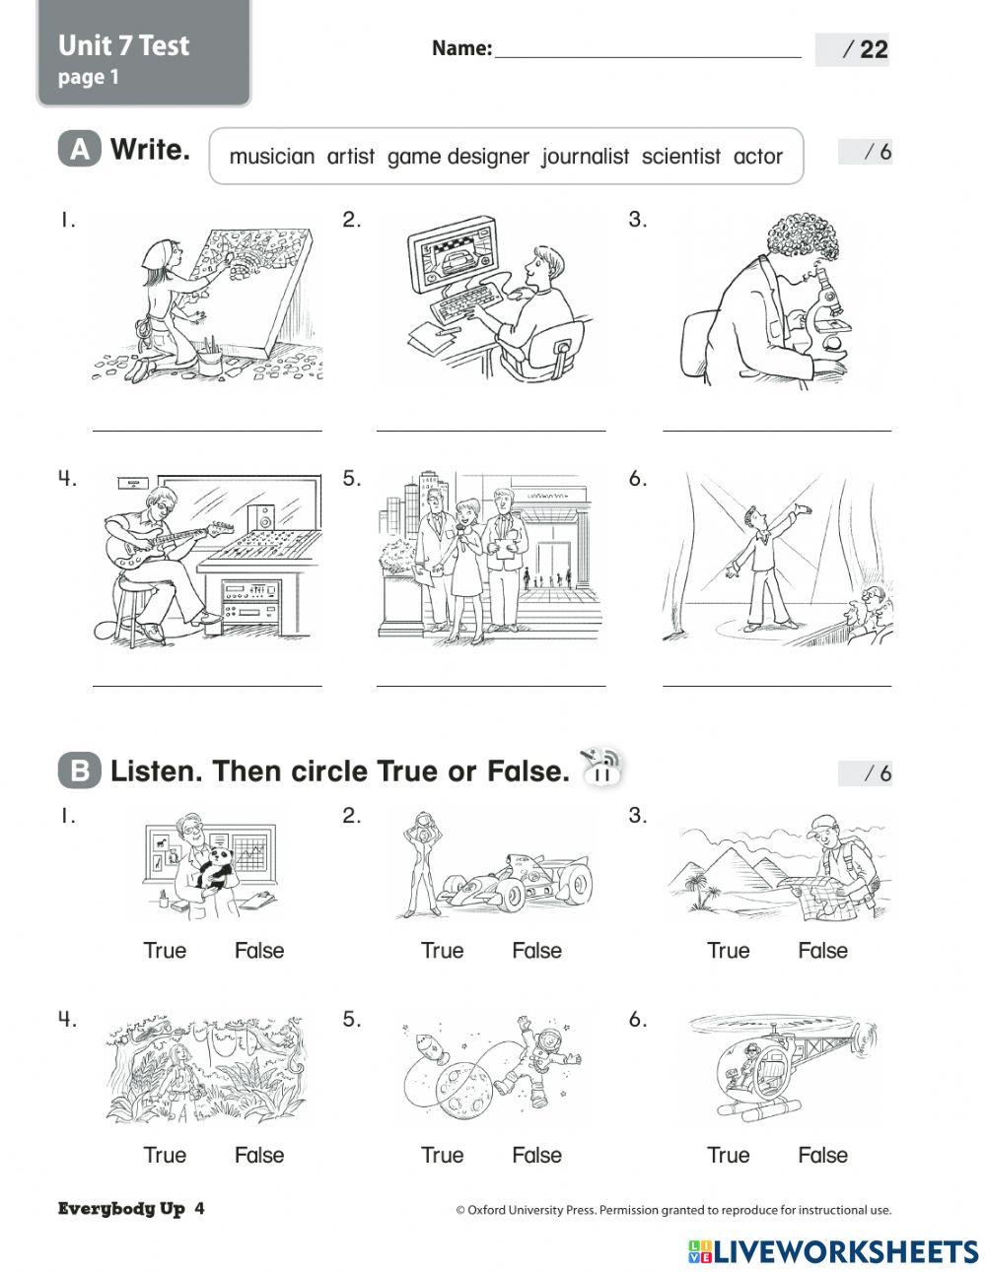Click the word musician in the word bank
(x=271, y=157)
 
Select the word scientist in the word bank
(x=680, y=157)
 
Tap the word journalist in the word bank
(x=585, y=157)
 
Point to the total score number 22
(x=873, y=50)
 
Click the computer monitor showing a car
(x=454, y=261)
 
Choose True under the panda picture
(x=165, y=951)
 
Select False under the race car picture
(x=536, y=951)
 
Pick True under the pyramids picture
(x=728, y=951)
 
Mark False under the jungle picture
(x=259, y=1155)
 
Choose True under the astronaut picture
(x=442, y=1155)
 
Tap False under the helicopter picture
(x=822, y=1155)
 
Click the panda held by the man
(x=216, y=867)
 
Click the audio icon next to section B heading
(x=601, y=767)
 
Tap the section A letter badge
(x=80, y=150)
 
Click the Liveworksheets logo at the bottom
(x=833, y=1250)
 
